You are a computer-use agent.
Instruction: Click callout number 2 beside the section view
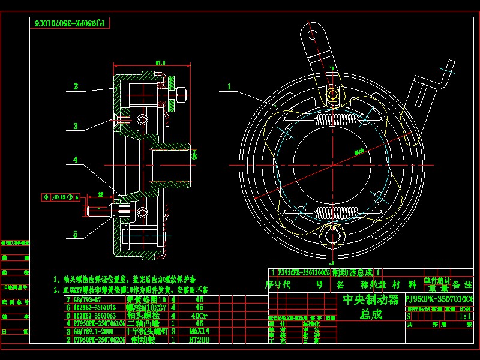[x=76, y=86]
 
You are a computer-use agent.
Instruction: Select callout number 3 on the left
[x=76, y=126]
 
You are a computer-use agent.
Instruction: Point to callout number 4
[x=76, y=160]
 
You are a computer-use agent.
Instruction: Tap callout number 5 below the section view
[x=76, y=233]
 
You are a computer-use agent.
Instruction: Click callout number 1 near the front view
[x=229, y=86]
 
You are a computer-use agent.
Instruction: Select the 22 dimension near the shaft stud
[x=101, y=194]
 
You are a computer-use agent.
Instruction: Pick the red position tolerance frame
[x=61, y=197]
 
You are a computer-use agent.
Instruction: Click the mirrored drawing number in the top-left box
[x=70, y=23]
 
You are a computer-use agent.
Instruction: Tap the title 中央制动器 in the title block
[x=370, y=299]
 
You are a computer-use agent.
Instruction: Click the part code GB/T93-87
[x=89, y=299]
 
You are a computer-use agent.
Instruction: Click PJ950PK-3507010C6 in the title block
[x=439, y=299]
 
